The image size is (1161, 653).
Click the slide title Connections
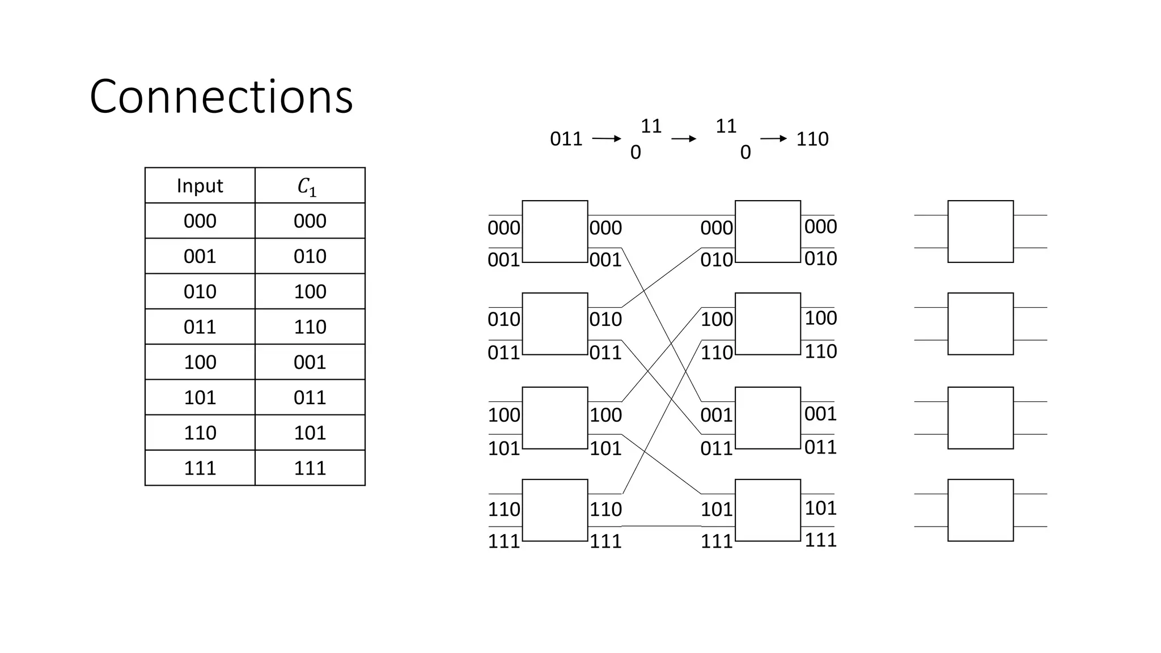(221, 96)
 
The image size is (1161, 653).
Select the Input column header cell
(200, 186)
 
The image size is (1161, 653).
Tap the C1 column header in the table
(310, 186)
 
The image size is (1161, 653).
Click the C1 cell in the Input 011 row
(310, 327)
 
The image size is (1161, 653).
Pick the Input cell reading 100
(200, 362)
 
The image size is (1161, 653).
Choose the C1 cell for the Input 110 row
(310, 433)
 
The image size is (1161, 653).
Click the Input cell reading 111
(200, 468)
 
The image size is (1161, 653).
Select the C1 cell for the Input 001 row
(310, 256)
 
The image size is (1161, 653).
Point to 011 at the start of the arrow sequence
(566, 139)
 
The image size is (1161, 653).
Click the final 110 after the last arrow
(812, 139)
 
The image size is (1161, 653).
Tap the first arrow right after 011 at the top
(607, 139)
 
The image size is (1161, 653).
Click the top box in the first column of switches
(554, 231)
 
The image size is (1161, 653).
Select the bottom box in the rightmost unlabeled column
(980, 510)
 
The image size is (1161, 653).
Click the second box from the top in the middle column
(768, 324)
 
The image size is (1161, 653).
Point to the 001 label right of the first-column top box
(605, 260)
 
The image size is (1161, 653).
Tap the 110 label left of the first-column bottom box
(503, 509)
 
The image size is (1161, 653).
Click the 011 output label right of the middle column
(820, 447)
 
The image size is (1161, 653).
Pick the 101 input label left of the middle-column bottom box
(717, 509)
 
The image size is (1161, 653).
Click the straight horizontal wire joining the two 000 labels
(661, 215)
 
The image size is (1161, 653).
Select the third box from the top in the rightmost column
(980, 418)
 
